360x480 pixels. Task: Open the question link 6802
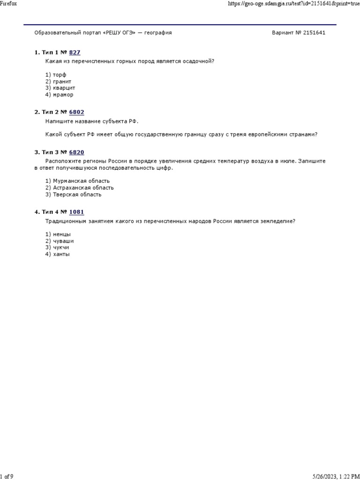[x=76, y=112]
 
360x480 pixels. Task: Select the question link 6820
[x=76, y=152]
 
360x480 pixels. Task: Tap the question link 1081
[x=76, y=212]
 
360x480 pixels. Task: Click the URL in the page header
[x=293, y=3]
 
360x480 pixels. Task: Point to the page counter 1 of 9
[x=7, y=476]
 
